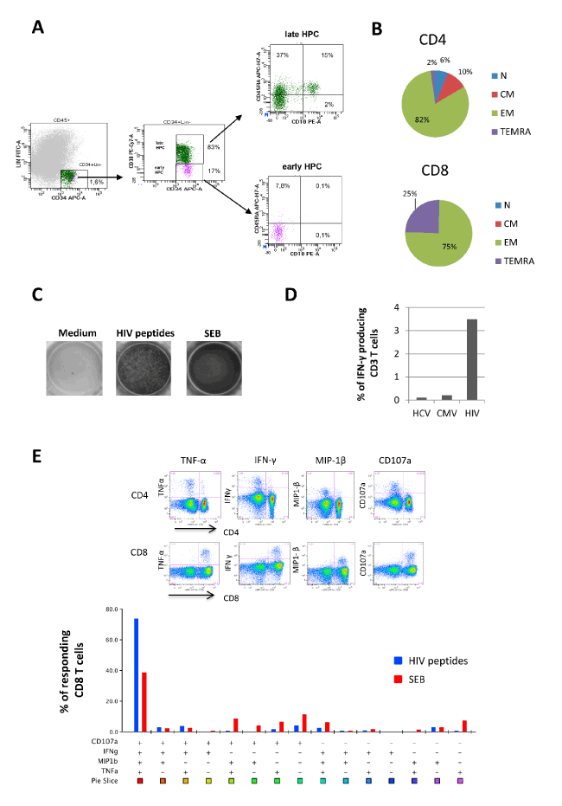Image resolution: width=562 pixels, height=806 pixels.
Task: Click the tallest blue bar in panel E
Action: [136, 674]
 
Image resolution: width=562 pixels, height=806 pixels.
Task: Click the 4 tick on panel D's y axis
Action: [397, 306]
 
